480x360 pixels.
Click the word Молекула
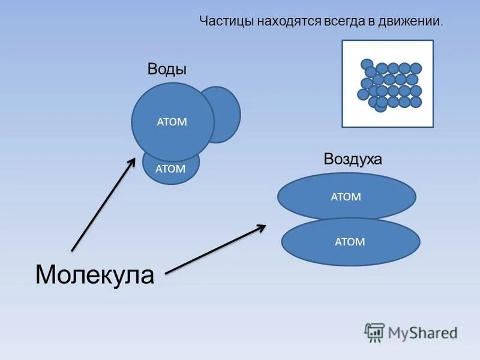(x=95, y=275)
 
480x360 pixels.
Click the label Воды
(x=167, y=70)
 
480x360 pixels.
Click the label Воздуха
(x=353, y=159)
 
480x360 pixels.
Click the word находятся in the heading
(x=289, y=22)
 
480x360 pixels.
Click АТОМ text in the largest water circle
(x=172, y=122)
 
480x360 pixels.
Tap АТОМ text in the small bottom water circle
(x=170, y=169)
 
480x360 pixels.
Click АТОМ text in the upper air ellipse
(x=346, y=196)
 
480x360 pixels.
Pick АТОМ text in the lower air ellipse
(x=350, y=242)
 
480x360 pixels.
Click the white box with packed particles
(x=387, y=83)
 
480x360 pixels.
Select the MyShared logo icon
(x=374, y=332)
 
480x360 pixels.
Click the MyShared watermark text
(x=422, y=332)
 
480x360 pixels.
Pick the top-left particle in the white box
(x=367, y=64)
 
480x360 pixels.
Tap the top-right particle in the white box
(x=415, y=68)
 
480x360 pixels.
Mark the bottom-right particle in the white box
(x=415, y=102)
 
